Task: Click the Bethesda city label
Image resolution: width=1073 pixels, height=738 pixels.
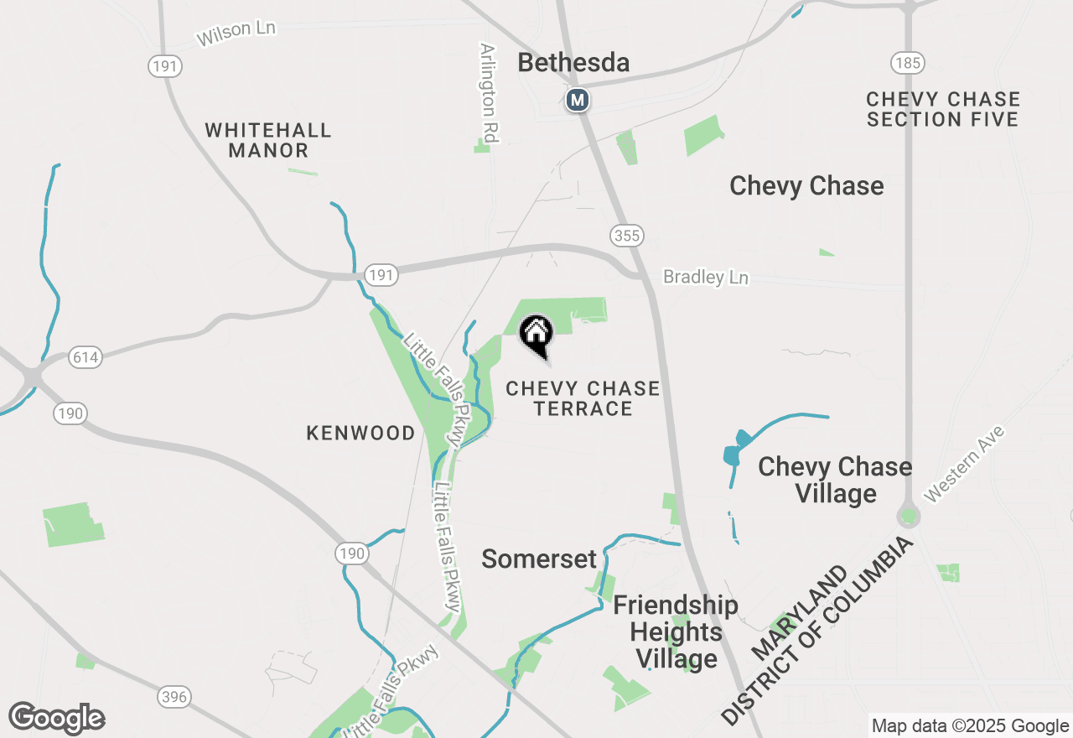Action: coord(573,63)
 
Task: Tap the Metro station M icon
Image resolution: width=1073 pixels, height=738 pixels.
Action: coord(577,101)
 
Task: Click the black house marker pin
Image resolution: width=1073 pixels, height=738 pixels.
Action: coord(536,335)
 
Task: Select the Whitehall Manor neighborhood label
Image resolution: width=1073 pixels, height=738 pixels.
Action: coord(268,141)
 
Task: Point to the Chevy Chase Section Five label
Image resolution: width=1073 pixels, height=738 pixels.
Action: coord(943,110)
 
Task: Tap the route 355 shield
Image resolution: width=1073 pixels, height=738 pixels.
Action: coord(627,236)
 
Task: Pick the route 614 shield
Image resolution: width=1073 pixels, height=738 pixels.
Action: coord(86,357)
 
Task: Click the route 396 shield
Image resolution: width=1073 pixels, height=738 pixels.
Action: coord(174,697)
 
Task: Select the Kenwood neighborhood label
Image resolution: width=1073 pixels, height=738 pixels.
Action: coord(360,434)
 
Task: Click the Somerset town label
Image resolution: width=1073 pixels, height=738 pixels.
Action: coord(539,559)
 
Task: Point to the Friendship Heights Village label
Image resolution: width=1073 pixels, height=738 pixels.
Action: coord(676,631)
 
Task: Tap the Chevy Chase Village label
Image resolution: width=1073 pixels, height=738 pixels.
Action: coord(835,480)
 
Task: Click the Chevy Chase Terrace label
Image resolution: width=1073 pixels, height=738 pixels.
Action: coord(583,398)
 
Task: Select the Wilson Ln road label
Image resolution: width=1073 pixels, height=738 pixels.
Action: coord(236,34)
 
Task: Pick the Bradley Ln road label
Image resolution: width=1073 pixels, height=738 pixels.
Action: coord(705,277)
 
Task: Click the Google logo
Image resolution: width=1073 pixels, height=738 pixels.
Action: coord(56,719)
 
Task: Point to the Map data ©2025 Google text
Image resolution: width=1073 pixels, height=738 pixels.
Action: coord(970,726)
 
